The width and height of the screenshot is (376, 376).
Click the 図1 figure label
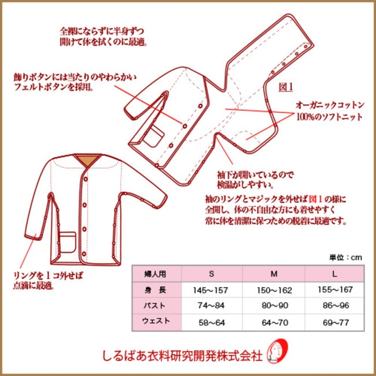(286, 87)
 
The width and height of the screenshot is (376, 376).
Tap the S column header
(211, 274)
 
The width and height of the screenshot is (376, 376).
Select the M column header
(274, 274)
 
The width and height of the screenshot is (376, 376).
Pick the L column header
(335, 274)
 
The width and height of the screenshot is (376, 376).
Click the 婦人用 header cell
(155, 274)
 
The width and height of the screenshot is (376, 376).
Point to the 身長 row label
(155, 290)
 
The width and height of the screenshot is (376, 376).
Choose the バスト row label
(155, 306)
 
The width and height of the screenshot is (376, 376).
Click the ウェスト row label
(156, 321)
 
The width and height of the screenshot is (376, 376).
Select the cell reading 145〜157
(211, 290)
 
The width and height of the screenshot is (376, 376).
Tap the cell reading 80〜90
(274, 306)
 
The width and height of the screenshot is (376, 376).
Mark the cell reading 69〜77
(336, 323)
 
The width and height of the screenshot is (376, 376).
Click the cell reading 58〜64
(212, 323)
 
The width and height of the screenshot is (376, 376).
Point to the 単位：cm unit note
(345, 258)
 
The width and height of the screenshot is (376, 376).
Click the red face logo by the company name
(278, 351)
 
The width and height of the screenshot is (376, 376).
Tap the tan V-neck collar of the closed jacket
(87, 160)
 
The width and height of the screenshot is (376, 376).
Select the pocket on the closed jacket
(68, 243)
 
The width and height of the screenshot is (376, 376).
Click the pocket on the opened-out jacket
(154, 136)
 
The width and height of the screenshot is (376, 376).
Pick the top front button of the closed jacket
(85, 179)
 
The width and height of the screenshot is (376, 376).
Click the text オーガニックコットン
(330, 105)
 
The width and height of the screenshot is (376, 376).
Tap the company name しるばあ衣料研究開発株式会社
(182, 355)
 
